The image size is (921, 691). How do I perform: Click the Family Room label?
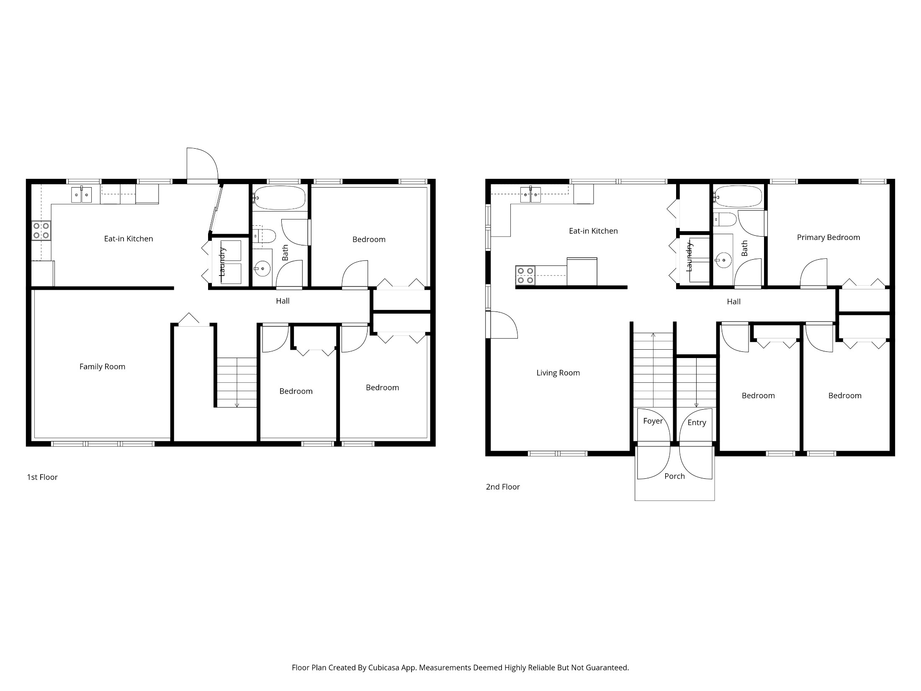[x=102, y=366]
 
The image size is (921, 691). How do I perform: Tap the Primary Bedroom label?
[x=828, y=237]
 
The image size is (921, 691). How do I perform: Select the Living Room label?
[x=558, y=373]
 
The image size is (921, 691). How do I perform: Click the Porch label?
[x=674, y=476]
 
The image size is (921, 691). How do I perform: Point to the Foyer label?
[x=653, y=421]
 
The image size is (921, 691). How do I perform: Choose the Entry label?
[x=697, y=423]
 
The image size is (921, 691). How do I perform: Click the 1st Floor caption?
[x=42, y=477]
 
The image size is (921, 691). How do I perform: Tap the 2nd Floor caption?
[x=503, y=487]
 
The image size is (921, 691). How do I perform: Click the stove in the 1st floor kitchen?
[x=41, y=231]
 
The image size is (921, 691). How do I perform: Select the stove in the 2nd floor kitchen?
[x=525, y=276]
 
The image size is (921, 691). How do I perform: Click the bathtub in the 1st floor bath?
[x=280, y=198]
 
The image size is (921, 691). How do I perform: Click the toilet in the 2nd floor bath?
[x=725, y=219]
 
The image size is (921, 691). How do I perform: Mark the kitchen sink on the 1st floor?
[x=81, y=195]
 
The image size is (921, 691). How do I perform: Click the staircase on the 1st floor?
[x=237, y=382]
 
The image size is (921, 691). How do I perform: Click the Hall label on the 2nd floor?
[x=733, y=302]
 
